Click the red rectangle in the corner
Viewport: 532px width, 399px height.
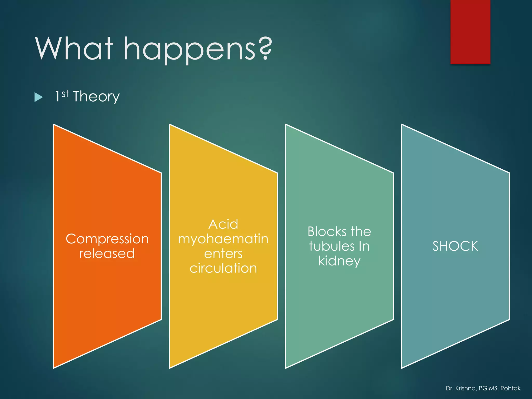point(470,32)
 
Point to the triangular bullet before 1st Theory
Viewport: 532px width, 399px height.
point(38,97)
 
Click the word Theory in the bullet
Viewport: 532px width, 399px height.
point(96,97)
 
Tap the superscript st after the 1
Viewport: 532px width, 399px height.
point(65,94)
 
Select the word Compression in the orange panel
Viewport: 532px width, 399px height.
point(107,239)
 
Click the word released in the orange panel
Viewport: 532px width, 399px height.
point(107,253)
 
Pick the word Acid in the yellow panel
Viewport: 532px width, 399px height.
point(223,224)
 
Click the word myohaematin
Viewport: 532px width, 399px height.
point(223,240)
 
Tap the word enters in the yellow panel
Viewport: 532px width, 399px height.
point(223,254)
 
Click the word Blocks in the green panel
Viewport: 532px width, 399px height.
point(327,231)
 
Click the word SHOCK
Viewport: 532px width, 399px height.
point(455,246)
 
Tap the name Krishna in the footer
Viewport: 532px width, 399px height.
point(466,388)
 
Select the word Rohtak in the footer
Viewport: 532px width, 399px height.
point(510,388)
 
